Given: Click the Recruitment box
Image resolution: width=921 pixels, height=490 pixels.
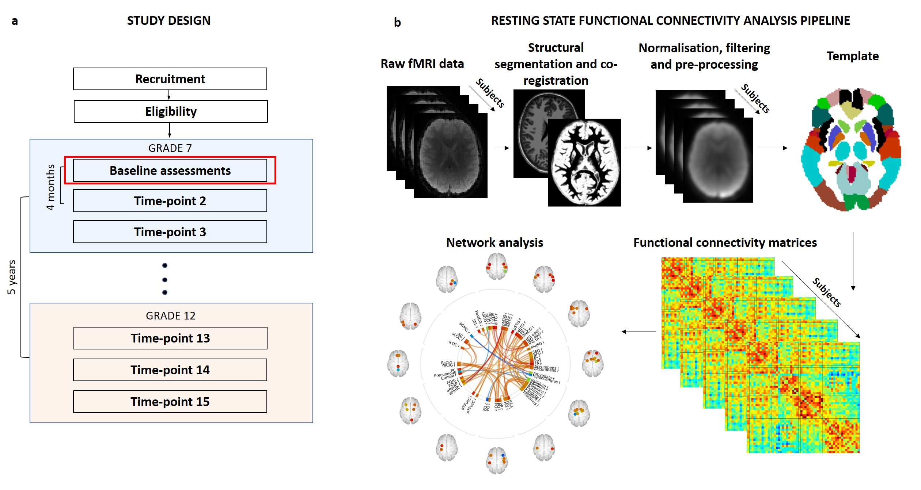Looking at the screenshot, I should point(170,79).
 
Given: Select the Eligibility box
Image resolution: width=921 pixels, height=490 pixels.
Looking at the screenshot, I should point(171,111).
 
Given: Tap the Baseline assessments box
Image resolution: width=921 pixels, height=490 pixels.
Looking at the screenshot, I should point(170,171).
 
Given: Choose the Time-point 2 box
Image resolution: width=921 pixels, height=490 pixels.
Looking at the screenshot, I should point(170,201).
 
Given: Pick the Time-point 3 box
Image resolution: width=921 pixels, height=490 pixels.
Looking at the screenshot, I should point(170,232).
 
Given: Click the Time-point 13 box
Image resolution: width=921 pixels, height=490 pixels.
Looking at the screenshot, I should point(170,338).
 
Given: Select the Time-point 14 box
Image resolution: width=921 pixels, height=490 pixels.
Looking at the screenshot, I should point(170,370).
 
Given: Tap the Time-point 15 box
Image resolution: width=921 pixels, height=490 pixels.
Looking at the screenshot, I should point(170,402).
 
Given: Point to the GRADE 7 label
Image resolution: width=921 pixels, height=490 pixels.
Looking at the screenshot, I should point(170,148).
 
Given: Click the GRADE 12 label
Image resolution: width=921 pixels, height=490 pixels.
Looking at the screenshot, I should point(171,315).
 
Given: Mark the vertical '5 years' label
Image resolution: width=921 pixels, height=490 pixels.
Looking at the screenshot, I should point(12,277).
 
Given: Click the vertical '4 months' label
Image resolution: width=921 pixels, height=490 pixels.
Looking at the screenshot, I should point(50,187).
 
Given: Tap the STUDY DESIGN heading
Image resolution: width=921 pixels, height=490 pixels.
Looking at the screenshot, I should point(168,20).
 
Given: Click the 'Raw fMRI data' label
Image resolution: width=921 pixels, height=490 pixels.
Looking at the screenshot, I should point(422,64).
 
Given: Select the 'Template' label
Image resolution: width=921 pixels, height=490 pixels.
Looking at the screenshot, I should point(852,56).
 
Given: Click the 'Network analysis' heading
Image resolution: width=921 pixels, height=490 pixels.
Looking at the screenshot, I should point(494,242).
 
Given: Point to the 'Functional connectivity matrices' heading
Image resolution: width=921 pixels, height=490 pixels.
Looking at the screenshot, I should point(725,242).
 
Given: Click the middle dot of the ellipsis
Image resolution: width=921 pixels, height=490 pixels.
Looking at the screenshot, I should point(165,280).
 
